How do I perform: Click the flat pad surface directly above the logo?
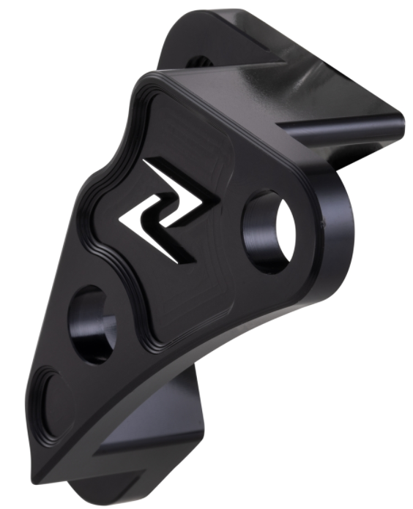click(x=190, y=132)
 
